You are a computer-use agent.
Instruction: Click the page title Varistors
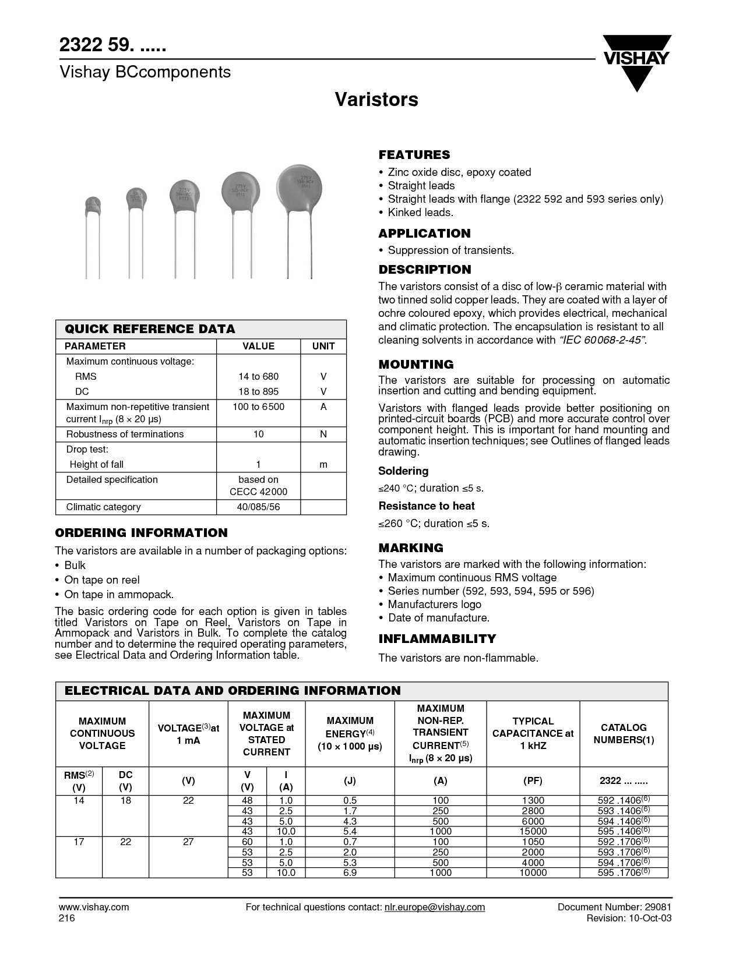point(376,100)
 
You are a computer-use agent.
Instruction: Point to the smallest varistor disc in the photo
point(93,204)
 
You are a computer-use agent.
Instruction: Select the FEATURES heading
point(414,155)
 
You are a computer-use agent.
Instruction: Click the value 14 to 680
point(258,376)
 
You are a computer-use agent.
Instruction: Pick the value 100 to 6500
point(258,407)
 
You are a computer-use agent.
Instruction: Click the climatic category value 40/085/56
point(258,507)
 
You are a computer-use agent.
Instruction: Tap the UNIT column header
point(323,346)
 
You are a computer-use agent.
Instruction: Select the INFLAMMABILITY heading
point(437,639)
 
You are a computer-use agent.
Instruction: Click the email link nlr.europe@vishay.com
point(434,907)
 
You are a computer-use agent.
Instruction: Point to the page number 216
point(67,918)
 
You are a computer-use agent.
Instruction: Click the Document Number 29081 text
point(615,907)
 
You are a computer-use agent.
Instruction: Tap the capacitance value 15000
point(533,832)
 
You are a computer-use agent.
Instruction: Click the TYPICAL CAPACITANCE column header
point(533,733)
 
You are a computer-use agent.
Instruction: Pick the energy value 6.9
point(350,872)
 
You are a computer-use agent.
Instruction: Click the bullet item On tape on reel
point(102,580)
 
